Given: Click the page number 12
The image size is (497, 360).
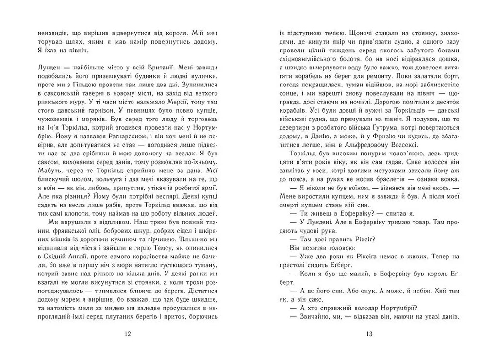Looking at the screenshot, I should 127,334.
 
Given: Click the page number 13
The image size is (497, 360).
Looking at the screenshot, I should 369,334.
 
